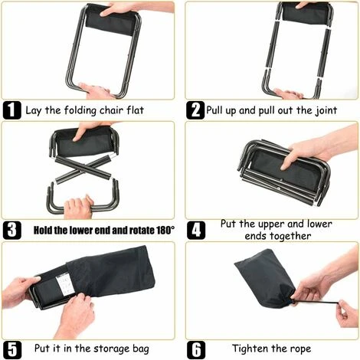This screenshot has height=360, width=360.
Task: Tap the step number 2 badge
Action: [195, 109]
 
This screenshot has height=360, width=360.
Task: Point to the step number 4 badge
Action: [195, 229]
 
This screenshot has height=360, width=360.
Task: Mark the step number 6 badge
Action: [195, 349]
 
